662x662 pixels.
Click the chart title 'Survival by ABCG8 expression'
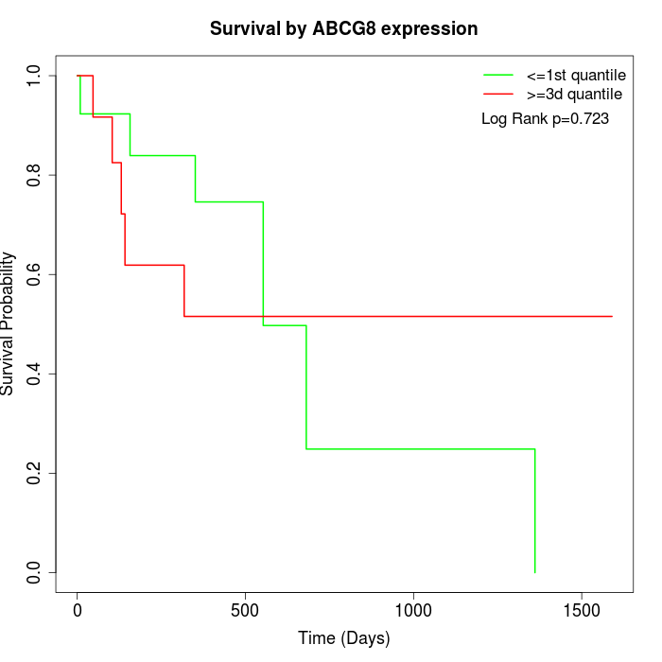tap(343, 28)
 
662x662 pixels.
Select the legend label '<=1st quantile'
tap(576, 75)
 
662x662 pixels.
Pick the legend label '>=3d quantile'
tap(574, 94)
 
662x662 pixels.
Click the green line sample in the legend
tap(498, 75)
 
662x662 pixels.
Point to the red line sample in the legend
tap(498, 94)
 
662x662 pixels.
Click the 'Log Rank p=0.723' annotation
tap(545, 119)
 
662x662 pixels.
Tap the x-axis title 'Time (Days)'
tap(343, 638)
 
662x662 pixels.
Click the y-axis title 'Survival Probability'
tap(9, 323)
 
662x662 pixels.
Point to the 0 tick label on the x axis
tap(78, 610)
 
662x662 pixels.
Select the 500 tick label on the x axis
tap(245, 610)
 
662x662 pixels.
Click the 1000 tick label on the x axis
tap(413, 610)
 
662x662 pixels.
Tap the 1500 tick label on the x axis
tap(581, 610)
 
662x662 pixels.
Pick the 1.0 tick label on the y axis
tap(35, 76)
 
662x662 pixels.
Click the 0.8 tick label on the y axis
tap(35, 175)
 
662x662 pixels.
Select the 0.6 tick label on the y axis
tap(35, 274)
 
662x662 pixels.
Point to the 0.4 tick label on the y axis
tap(35, 374)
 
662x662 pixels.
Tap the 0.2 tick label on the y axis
tap(35, 473)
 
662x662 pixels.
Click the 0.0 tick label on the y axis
tap(35, 572)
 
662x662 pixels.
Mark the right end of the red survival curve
tap(612, 316)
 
